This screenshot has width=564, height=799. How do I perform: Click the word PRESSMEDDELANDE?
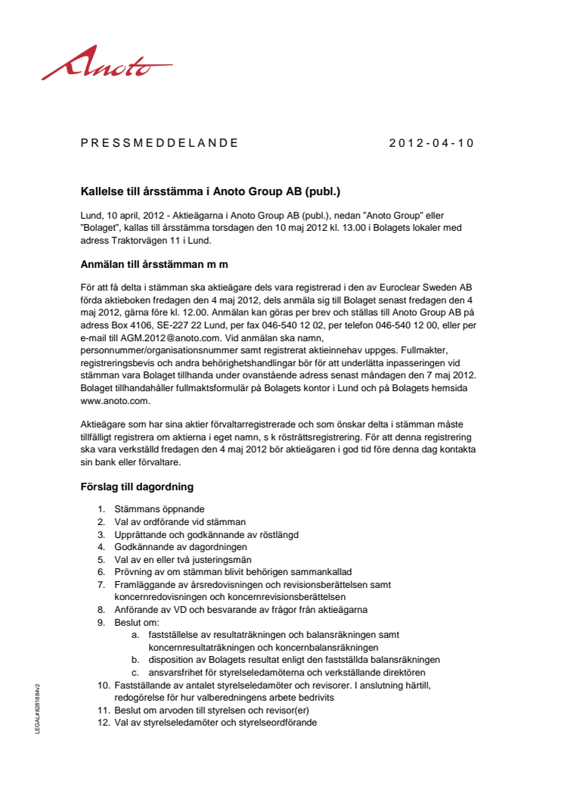[x=160, y=142]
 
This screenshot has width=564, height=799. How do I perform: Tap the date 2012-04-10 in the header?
[x=431, y=142]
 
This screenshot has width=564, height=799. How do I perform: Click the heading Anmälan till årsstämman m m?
[x=154, y=264]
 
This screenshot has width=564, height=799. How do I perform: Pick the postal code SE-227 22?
[x=160, y=325]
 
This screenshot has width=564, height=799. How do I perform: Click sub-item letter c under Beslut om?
[x=135, y=672]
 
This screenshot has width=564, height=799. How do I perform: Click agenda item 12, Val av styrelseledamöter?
[x=215, y=722]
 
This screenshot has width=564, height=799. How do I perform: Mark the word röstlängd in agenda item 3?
[x=277, y=534]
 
